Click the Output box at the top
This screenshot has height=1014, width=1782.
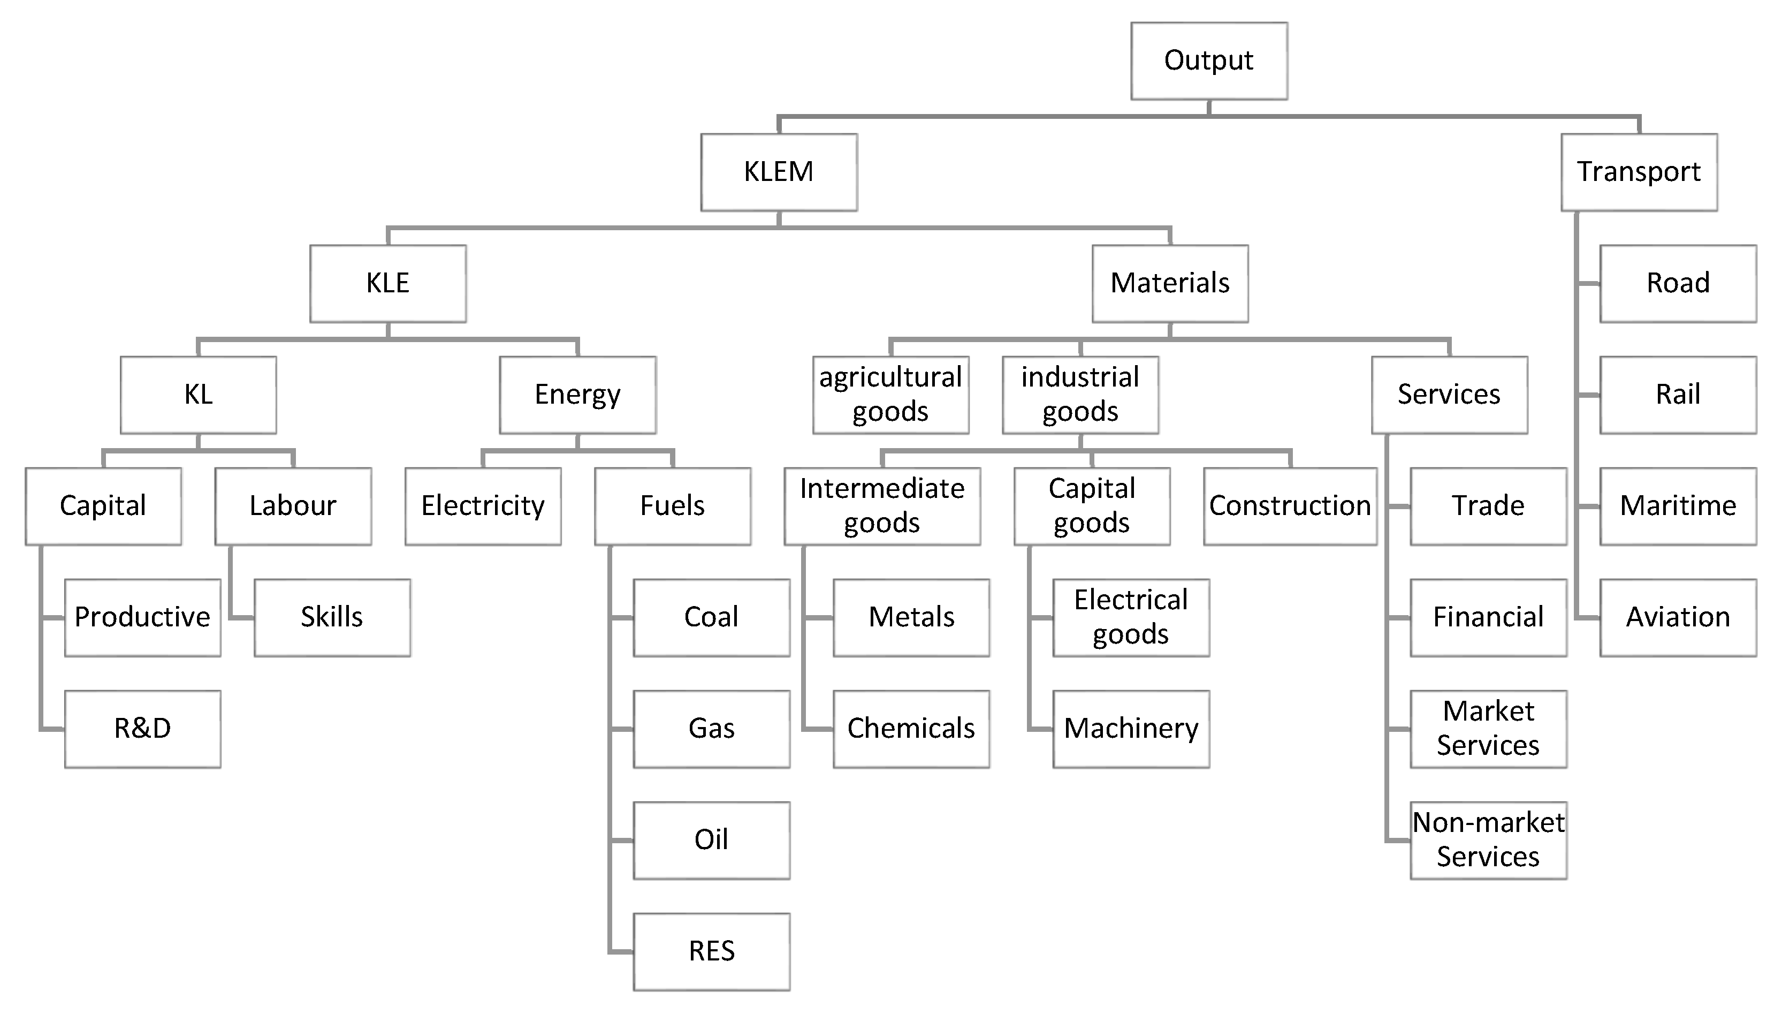click(1208, 60)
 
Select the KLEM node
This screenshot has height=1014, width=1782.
click(778, 172)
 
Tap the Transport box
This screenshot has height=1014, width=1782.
click(1639, 172)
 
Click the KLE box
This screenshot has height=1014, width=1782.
click(388, 283)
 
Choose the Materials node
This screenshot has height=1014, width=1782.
click(1169, 283)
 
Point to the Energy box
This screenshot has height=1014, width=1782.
click(577, 395)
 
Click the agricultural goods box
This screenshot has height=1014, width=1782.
click(890, 395)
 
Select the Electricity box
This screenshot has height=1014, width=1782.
click(482, 506)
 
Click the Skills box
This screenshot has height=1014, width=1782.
click(332, 618)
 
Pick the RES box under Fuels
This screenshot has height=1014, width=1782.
click(711, 951)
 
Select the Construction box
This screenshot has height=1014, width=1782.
click(1289, 506)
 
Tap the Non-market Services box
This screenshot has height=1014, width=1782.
click(1488, 841)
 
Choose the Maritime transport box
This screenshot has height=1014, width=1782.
click(1678, 506)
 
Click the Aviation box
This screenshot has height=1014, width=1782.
click(1678, 618)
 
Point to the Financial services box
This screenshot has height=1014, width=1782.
click(1488, 618)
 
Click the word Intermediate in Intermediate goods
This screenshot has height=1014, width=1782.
click(882, 489)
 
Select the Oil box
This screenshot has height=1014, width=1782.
click(711, 841)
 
